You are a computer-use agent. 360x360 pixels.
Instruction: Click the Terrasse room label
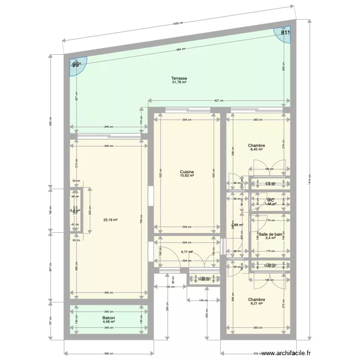tap(180, 78)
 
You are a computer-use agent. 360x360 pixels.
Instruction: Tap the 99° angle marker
tap(76, 65)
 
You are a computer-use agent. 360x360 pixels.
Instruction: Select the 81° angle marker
tap(286, 33)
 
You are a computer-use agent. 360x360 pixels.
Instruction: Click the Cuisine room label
tap(187, 171)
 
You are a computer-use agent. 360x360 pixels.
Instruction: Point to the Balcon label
tap(108, 318)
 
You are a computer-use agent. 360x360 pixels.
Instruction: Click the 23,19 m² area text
tap(110, 220)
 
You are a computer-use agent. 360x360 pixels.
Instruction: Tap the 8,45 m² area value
tap(257, 149)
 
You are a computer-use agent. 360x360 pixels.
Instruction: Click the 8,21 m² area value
tap(257, 304)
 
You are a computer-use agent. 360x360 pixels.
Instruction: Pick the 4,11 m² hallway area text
tap(187, 252)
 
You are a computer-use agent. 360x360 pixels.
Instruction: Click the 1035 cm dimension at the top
tap(179, 23)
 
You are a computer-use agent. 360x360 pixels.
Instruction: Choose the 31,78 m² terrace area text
tap(180, 82)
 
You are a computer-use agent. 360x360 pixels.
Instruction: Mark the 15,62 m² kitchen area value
tap(187, 176)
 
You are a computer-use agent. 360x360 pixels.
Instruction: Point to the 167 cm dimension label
tap(50, 322)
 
